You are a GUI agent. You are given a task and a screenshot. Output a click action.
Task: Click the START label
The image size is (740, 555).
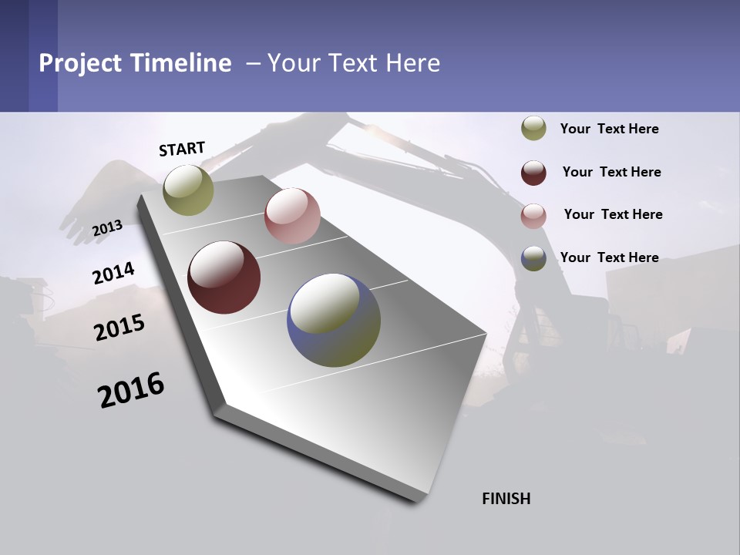point(182,149)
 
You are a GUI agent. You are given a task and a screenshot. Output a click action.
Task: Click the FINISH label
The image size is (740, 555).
point(506,499)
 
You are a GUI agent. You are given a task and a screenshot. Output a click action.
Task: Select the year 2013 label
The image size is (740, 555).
point(107,228)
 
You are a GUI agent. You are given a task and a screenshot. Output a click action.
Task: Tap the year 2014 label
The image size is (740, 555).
point(113,273)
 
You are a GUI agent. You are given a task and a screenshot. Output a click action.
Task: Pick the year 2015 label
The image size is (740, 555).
point(119,328)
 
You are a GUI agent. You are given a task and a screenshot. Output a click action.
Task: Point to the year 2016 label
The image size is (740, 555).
point(131,390)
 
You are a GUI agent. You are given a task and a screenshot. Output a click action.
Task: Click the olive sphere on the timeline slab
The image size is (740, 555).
point(188,190)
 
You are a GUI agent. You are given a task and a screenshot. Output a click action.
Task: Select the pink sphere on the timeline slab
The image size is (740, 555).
point(292,216)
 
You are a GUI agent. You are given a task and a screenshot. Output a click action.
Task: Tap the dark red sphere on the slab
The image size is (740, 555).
point(224,277)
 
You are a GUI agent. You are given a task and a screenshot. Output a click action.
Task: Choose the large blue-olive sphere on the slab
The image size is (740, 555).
point(334,320)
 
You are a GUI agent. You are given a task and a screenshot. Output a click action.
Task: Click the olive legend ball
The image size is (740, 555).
point(533,129)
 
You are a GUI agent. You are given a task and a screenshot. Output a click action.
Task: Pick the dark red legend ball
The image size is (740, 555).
point(533,173)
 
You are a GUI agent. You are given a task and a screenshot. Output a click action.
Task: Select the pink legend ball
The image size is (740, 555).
point(533,216)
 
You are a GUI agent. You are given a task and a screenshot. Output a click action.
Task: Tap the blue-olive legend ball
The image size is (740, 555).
point(533,258)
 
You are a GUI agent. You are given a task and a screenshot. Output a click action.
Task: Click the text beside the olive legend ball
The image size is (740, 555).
point(609,129)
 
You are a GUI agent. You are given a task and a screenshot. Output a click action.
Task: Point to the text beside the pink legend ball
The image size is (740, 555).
point(613,214)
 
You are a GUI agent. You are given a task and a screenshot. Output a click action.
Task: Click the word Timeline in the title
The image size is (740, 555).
point(180,63)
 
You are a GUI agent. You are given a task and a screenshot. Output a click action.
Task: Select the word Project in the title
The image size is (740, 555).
point(80,63)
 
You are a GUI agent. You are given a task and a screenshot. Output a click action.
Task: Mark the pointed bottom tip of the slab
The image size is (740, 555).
point(416,501)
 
